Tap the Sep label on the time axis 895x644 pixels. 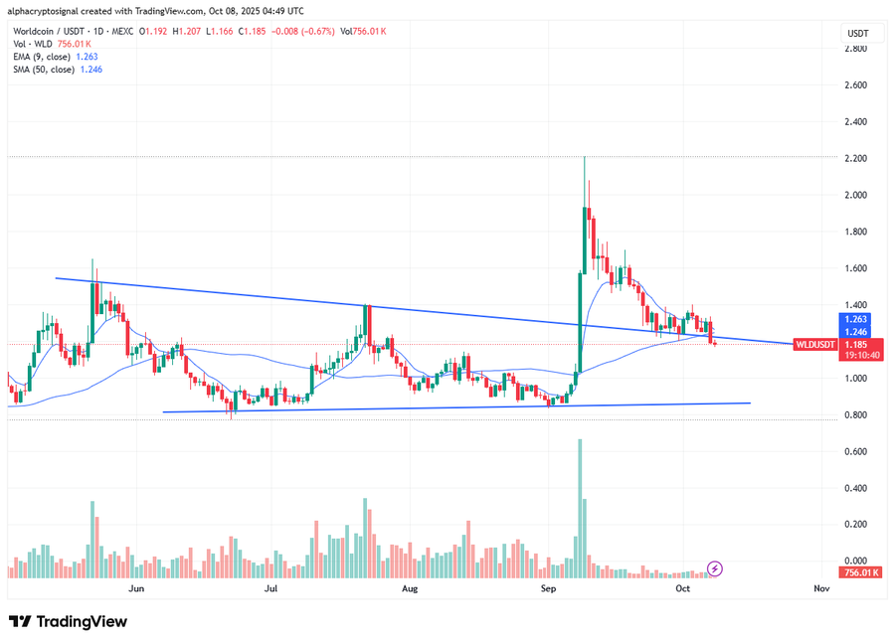point(547,588)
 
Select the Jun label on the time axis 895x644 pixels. point(137,588)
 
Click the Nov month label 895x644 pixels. point(821,588)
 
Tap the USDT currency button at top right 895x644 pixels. point(857,33)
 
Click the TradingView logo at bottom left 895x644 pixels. point(69,621)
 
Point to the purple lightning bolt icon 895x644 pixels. point(715,568)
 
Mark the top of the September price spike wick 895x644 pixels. point(584,158)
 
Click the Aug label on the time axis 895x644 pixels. point(409,588)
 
